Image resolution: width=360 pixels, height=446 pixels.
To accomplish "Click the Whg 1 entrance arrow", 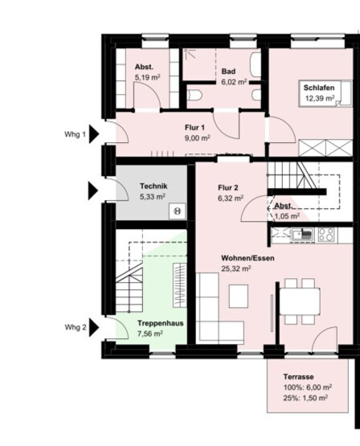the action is pyautogui.click(x=94, y=133).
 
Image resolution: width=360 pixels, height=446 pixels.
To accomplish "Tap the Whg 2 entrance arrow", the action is pyautogui.click(x=94, y=327).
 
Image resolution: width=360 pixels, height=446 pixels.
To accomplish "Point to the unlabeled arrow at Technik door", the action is pyautogui.click(x=93, y=190).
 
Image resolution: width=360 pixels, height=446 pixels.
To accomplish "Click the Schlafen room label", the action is pyautogui.click(x=319, y=88).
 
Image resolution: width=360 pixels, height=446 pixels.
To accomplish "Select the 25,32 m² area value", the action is pyautogui.click(x=236, y=268).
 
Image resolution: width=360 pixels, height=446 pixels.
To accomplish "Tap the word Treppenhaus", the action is pyautogui.click(x=161, y=323).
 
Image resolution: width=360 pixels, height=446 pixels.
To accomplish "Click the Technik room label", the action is pyautogui.click(x=153, y=186).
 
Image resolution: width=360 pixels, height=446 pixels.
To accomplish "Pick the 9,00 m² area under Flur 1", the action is pyautogui.click(x=198, y=138).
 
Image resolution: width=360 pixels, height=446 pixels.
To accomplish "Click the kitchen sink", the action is pyautogui.click(x=303, y=235).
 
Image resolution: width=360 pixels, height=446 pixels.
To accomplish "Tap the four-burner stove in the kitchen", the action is pyautogui.click(x=327, y=235).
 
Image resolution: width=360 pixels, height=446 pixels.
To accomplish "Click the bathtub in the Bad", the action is pyautogui.click(x=256, y=65).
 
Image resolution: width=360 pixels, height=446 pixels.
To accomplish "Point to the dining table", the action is pyautogui.click(x=300, y=301).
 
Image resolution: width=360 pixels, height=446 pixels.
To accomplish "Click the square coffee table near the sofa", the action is pyautogui.click(x=239, y=296).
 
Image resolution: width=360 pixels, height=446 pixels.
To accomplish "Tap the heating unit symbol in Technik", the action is pyautogui.click(x=178, y=211).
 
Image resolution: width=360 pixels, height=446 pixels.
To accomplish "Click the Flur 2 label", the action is pyautogui.click(x=228, y=188).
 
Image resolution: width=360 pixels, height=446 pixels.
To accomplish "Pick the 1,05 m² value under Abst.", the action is pyautogui.click(x=287, y=216).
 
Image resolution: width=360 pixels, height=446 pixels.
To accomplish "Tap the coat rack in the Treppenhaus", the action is pyautogui.click(x=180, y=285).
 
